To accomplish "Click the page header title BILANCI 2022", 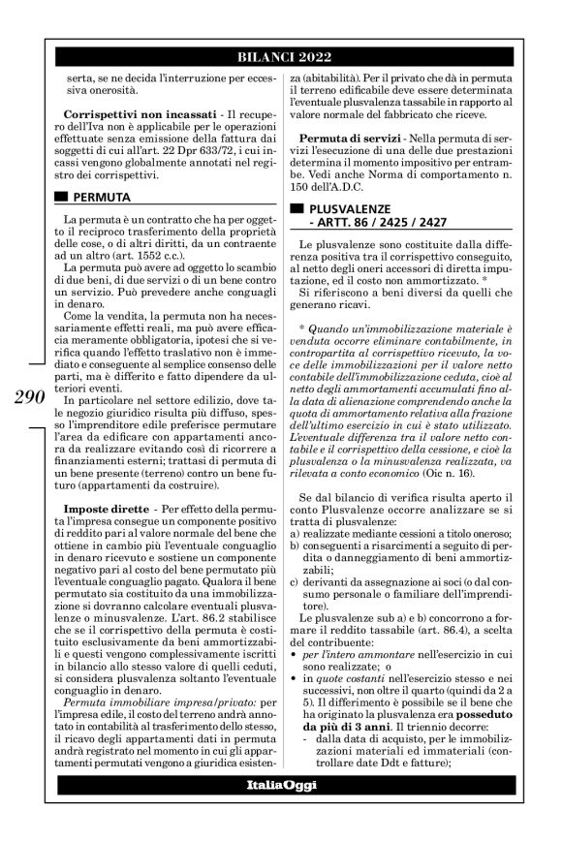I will pos(281,58).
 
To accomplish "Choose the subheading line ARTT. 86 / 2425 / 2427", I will pos(368,223).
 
